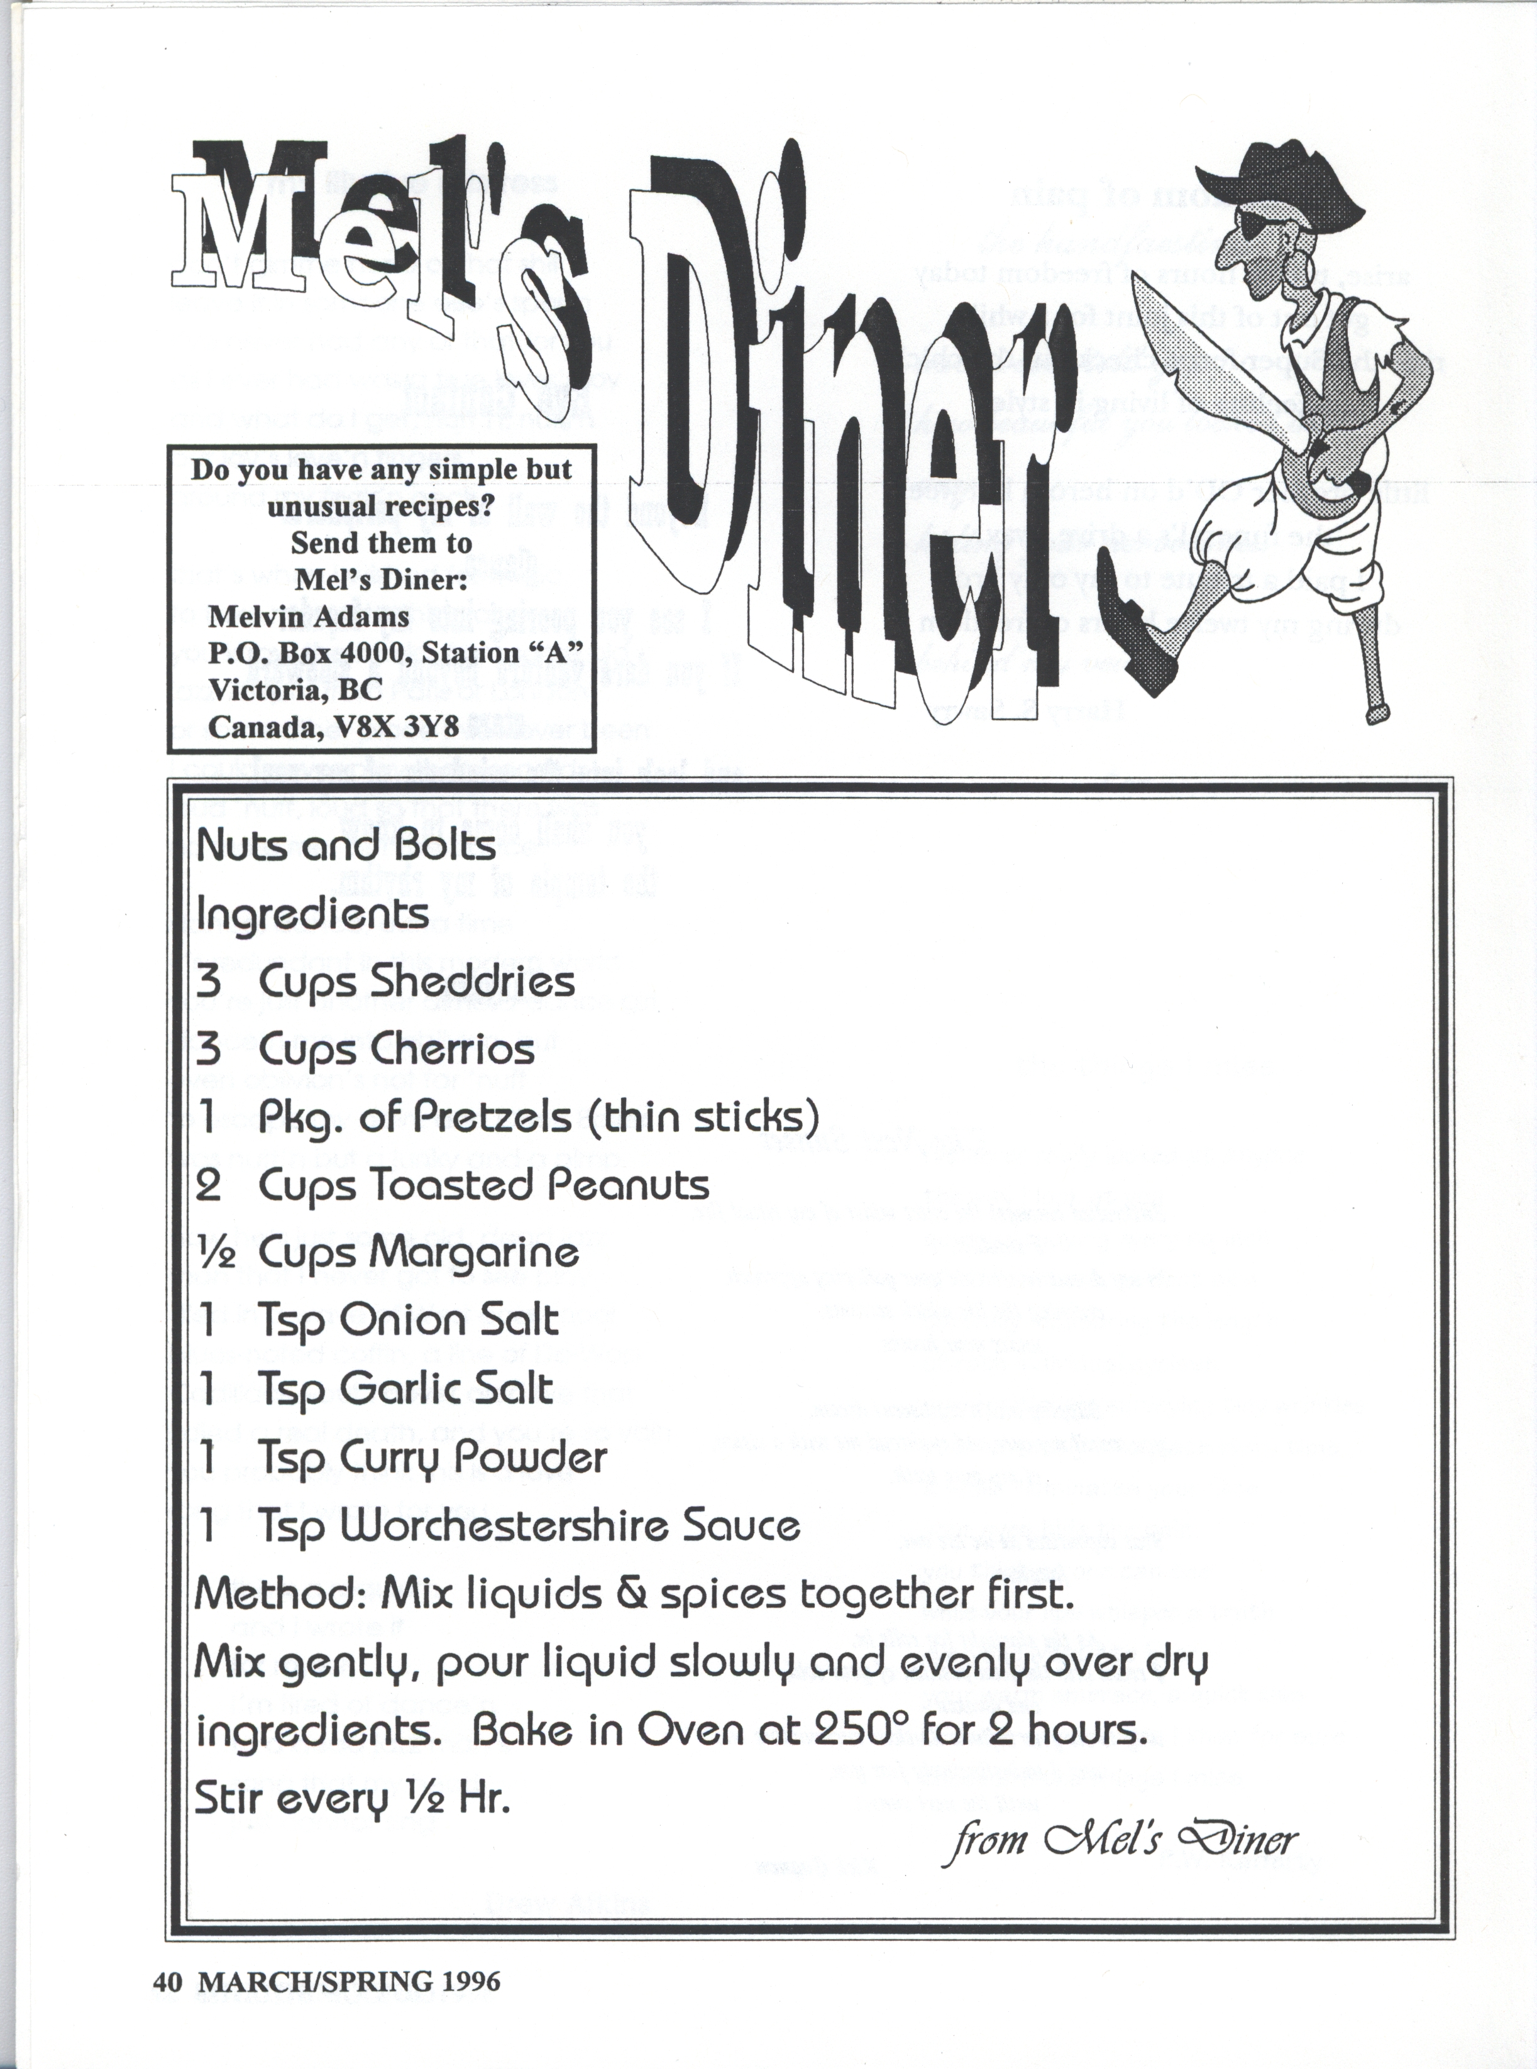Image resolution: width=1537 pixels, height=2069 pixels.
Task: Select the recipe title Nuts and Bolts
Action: point(347,846)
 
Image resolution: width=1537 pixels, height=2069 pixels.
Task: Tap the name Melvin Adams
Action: point(309,616)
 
